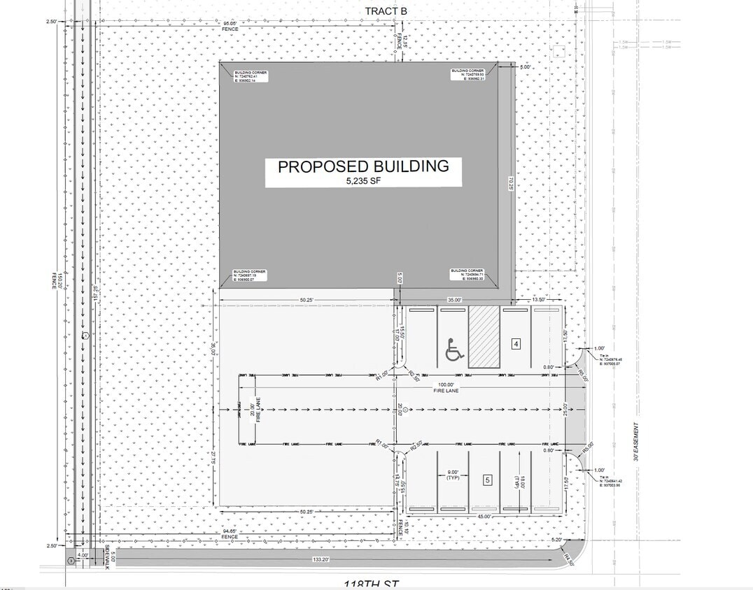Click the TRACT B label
386,10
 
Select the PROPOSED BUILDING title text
363,166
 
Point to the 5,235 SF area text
363,181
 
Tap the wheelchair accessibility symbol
454,349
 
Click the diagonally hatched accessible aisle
484,336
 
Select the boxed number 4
516,344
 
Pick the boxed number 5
488,480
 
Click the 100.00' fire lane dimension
446,385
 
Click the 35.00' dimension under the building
454,300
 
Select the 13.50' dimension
539,300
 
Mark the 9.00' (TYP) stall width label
452,475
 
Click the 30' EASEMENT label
636,442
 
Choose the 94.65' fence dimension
229,532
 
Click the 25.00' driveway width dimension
565,411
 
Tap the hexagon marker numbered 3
70,561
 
